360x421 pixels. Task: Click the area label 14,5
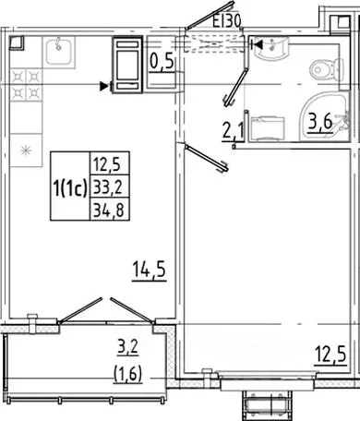tap(148, 274)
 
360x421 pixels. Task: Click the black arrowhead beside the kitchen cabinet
tap(104, 86)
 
